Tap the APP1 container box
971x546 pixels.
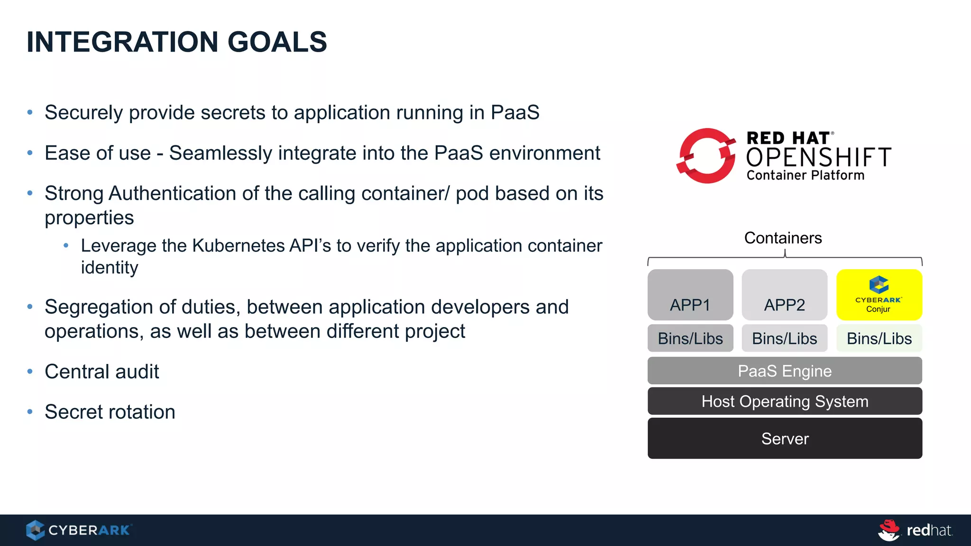[690, 295]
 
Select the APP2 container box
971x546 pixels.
[784, 295]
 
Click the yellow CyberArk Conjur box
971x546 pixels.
[879, 295]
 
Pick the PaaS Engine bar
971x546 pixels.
[785, 371]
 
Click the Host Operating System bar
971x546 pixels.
[785, 401]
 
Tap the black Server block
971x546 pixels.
[785, 438]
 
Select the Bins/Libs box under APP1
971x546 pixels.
[690, 338]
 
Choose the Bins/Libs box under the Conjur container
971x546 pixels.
[879, 338]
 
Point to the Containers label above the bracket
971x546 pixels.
[783, 238]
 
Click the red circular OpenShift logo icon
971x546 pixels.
[706, 156]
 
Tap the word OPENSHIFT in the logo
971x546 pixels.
[818, 157]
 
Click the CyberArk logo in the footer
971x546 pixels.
[79, 530]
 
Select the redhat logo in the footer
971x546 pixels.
[915, 530]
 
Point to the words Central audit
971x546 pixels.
[101, 372]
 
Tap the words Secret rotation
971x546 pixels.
[110, 412]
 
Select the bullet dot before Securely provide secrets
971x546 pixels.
[30, 113]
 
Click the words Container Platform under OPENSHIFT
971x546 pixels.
[805, 175]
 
